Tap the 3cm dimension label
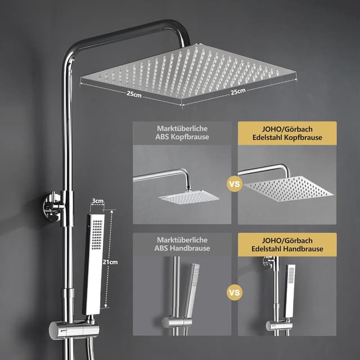pyautogui.click(x=97, y=200)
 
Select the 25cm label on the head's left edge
pyautogui.click(x=133, y=95)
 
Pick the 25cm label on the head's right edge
pyautogui.click(x=237, y=91)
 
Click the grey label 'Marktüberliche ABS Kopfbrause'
pyautogui.click(x=182, y=133)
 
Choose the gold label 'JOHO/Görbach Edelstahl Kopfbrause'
pyautogui.click(x=287, y=133)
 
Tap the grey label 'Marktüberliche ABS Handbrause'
pyautogui.click(x=182, y=245)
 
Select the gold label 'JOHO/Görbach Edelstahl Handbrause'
pyautogui.click(x=287, y=245)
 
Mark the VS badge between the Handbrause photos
pyautogui.click(x=235, y=292)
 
